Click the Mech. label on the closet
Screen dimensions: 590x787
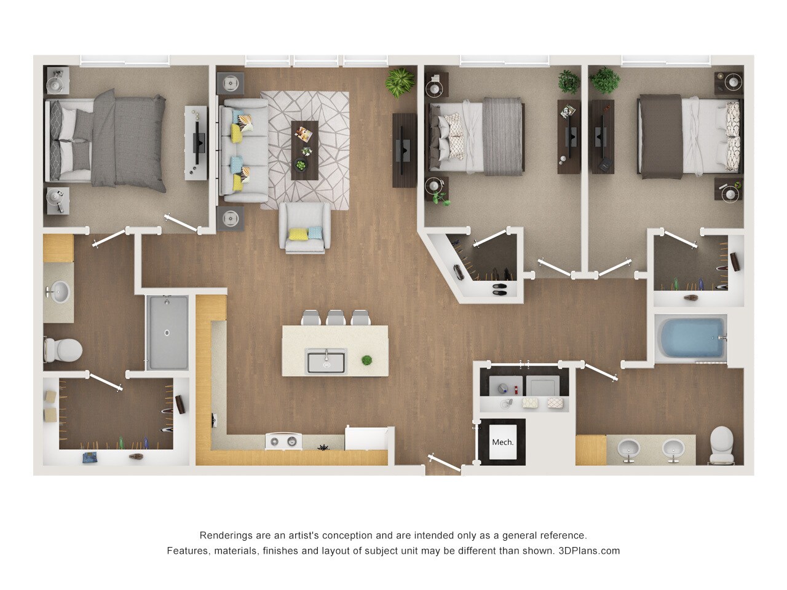coord(502,442)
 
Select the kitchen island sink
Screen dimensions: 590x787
coord(326,361)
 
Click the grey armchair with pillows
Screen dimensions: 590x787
coord(305,228)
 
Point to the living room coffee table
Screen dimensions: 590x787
coord(304,150)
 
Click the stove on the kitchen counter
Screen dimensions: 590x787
coord(284,441)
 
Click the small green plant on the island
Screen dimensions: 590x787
coord(366,360)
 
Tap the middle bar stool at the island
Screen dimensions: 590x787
coord(336,318)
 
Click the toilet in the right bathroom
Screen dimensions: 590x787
coord(721,444)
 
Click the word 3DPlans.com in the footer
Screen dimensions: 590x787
coord(589,551)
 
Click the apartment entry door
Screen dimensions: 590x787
coord(444,464)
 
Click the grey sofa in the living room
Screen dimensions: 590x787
coord(243,151)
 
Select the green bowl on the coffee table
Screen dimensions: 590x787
coord(301,165)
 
